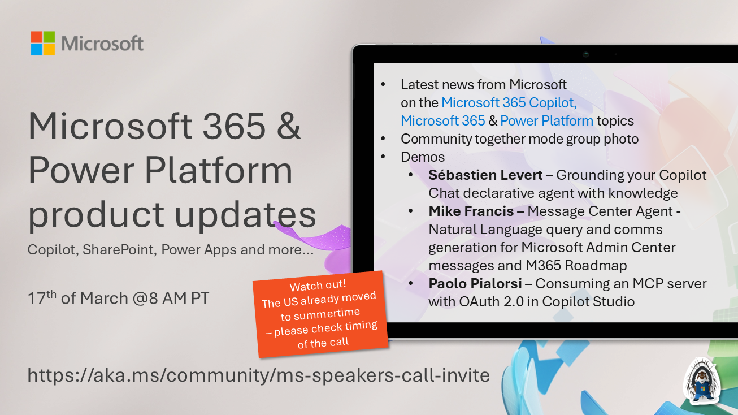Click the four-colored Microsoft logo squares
43,43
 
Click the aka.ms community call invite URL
259,375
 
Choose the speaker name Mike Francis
471,211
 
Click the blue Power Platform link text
546,120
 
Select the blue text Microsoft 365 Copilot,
509,102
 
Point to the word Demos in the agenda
423,157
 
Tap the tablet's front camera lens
586,54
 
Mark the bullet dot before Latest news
383,85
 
